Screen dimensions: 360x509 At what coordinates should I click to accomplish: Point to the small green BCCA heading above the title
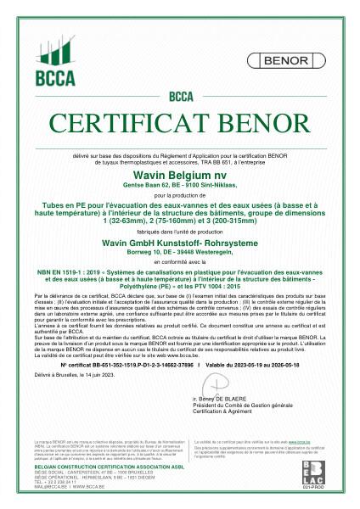(180, 95)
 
